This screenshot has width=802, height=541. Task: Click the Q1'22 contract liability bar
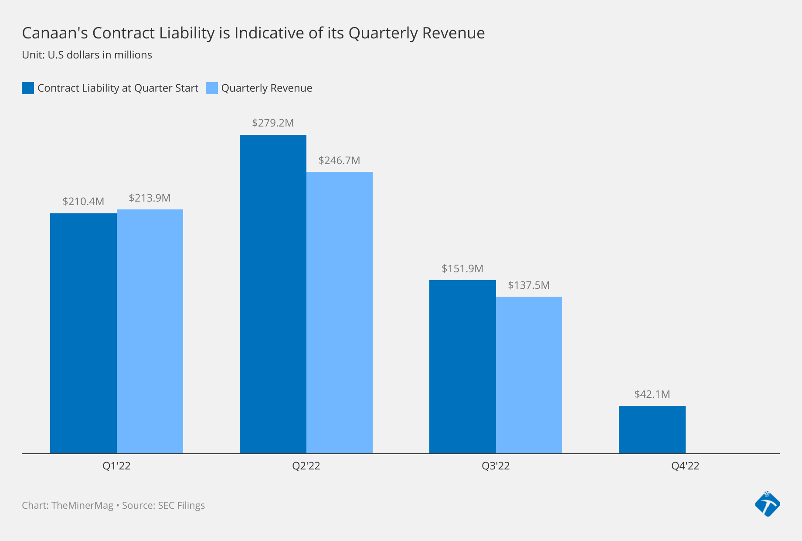[x=83, y=333]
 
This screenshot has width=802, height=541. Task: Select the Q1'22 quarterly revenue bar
[x=150, y=332]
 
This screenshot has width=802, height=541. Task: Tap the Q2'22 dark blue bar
[x=273, y=294]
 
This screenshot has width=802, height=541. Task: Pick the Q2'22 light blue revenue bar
[x=340, y=312]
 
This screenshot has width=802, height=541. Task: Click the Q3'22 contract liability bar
[x=462, y=366]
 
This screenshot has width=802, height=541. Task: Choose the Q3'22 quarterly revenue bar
[x=529, y=375]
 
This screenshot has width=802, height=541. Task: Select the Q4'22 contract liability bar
[x=652, y=430]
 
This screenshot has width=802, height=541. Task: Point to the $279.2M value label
[x=273, y=123]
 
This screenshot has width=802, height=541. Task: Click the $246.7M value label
[x=339, y=161]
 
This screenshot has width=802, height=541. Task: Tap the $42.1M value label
[x=652, y=394]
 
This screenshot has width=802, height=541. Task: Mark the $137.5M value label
[x=529, y=285]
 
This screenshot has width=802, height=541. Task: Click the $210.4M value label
[x=83, y=202]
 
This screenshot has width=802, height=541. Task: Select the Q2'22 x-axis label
[x=306, y=466]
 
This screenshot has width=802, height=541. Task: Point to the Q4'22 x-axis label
[x=685, y=466]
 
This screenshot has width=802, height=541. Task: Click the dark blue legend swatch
[x=28, y=88]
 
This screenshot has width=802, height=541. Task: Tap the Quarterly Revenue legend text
[x=267, y=88]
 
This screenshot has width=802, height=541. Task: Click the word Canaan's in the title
[x=55, y=33]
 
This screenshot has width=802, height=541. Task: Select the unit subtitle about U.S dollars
[x=87, y=55]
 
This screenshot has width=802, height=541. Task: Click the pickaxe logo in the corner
[x=768, y=504]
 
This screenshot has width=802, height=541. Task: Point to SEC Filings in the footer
[x=181, y=506]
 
